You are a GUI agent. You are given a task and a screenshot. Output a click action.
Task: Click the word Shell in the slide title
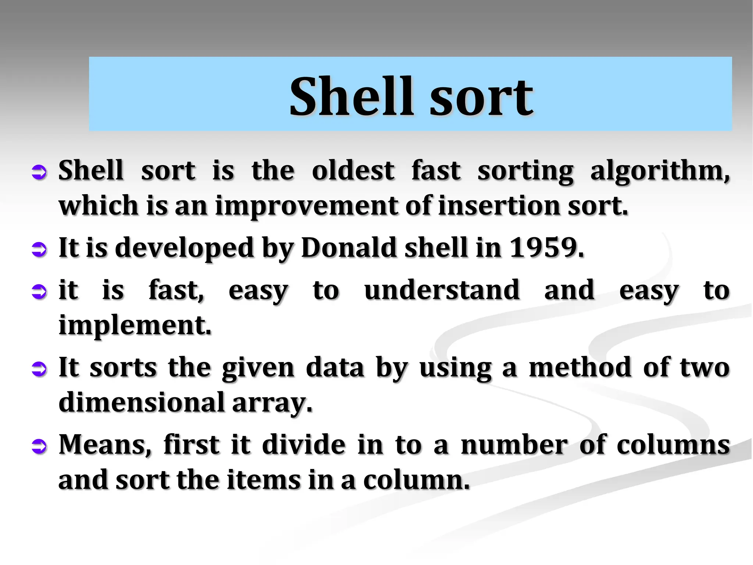coord(351,96)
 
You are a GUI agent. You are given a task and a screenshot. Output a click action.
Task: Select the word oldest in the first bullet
coord(353,171)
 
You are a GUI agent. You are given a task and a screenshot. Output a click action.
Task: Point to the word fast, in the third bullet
coord(176,290)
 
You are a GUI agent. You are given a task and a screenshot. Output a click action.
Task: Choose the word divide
coord(304,445)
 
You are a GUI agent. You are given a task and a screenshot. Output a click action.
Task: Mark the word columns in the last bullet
coord(673,445)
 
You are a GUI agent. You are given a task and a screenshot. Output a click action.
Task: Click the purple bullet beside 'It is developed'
coord(39,249)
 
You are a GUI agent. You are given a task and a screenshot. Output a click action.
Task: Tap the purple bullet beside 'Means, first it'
coord(39,447)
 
